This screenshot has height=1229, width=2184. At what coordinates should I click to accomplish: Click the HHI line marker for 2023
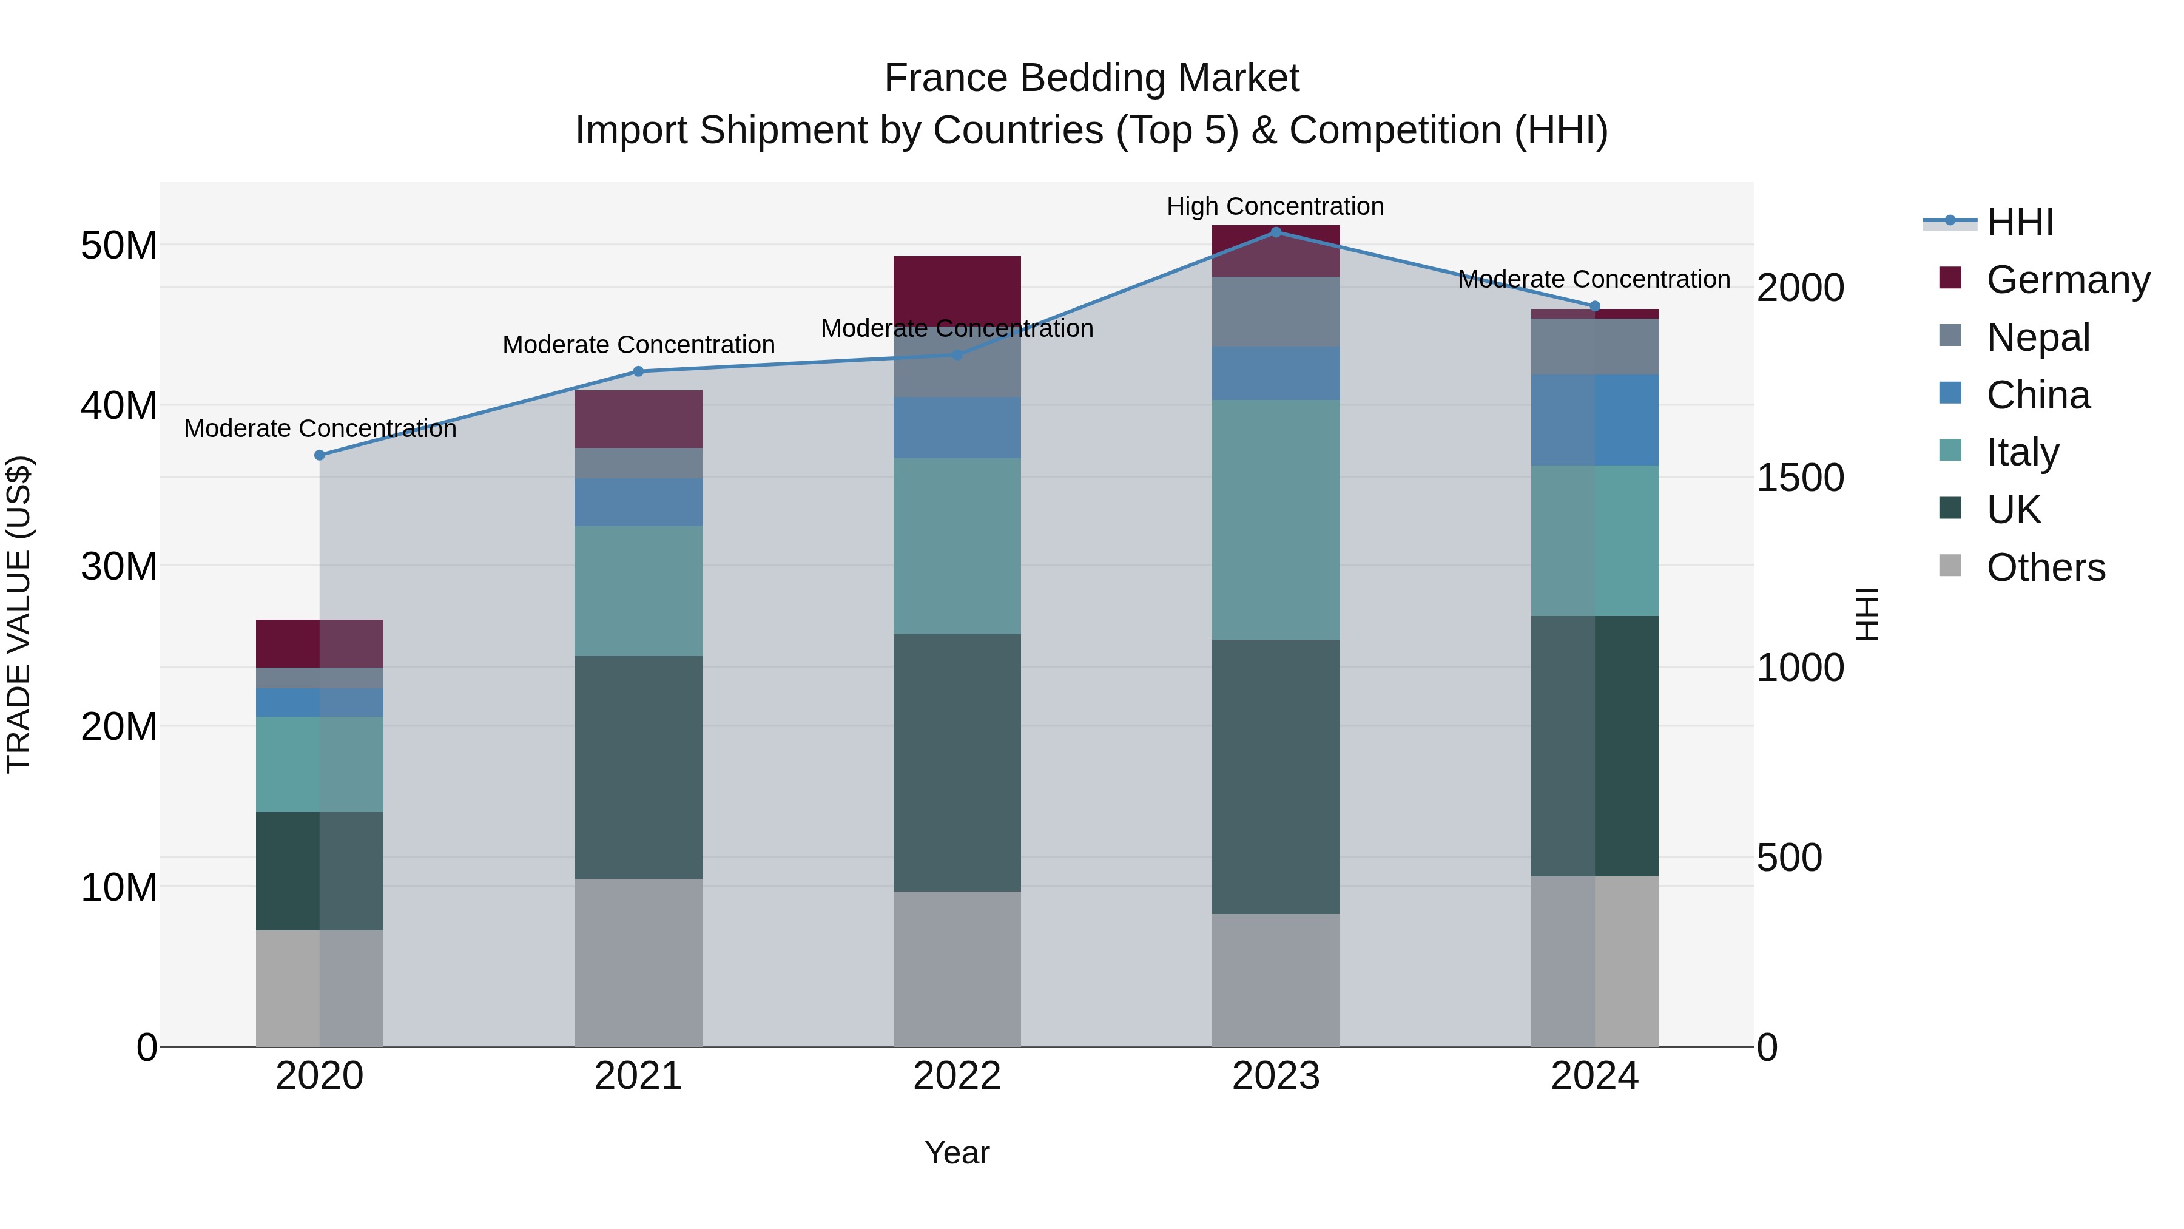click(1275, 232)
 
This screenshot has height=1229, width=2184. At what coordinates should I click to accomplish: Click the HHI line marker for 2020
click(320, 455)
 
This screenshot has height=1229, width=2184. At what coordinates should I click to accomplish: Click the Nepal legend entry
click(2037, 337)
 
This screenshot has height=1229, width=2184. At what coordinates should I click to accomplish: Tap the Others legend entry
click(2045, 567)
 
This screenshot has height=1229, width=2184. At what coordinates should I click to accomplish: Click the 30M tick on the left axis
click(119, 566)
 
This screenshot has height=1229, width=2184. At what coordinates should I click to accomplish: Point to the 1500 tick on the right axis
click(1800, 478)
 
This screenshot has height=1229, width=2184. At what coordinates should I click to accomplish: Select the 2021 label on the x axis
click(638, 1076)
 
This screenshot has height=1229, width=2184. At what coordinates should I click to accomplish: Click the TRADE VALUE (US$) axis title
click(19, 614)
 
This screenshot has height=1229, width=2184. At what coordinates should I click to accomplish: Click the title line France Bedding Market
click(1091, 78)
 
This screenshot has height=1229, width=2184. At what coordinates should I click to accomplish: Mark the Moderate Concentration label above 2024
click(1593, 279)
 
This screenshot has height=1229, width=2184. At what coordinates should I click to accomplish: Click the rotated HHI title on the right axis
click(1866, 614)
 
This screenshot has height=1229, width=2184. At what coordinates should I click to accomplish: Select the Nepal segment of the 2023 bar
click(1275, 311)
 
